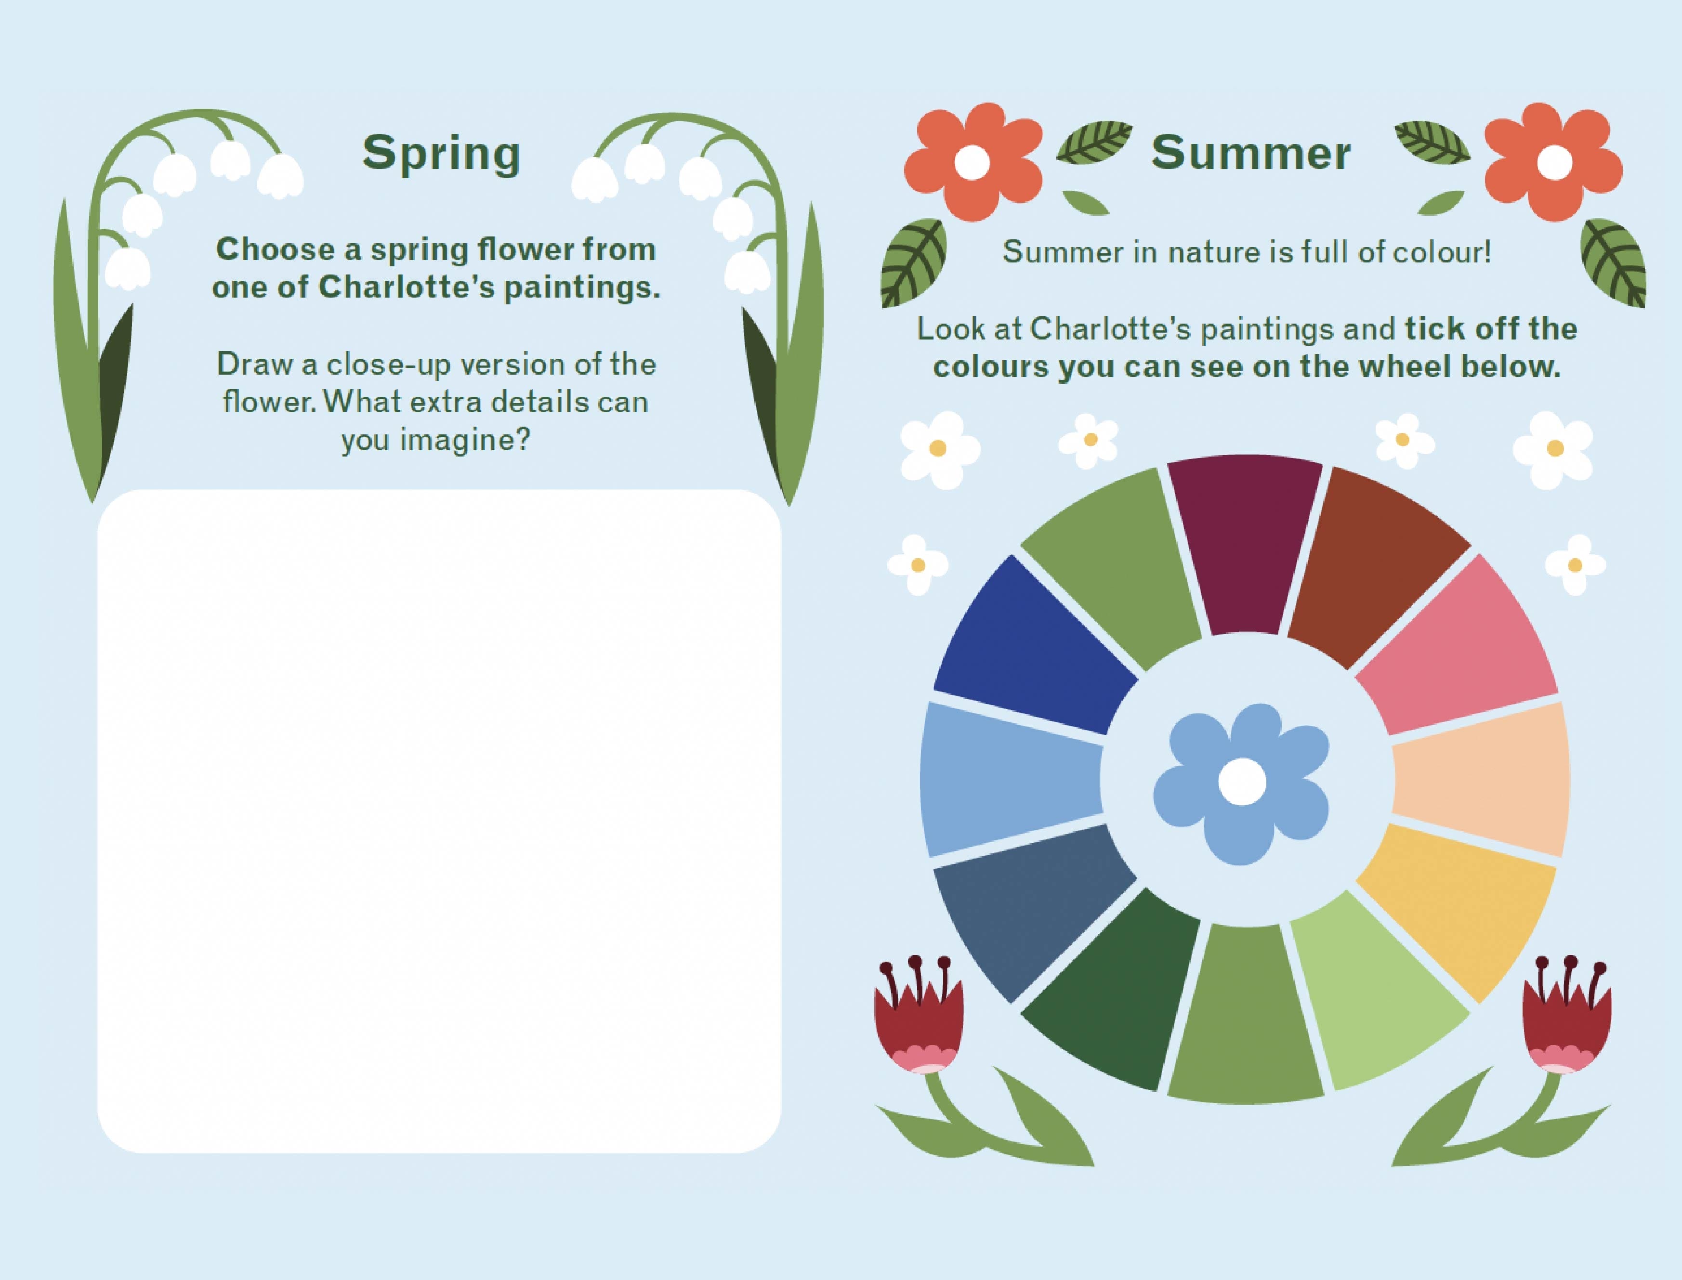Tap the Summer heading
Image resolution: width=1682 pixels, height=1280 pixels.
1250,153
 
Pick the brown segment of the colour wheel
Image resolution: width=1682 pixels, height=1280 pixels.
1372,568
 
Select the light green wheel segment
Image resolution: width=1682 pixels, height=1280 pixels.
1372,994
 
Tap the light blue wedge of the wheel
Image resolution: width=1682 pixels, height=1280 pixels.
1010,779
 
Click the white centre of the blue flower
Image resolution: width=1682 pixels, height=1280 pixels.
1242,782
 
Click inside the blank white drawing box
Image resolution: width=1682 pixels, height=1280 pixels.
439,821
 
